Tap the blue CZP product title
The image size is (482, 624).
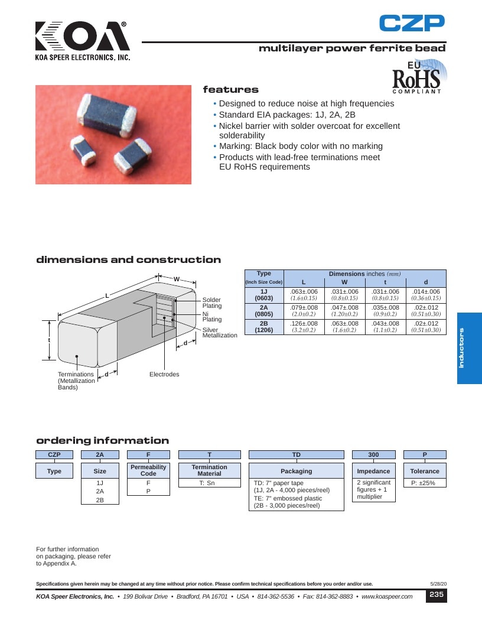[x=412, y=23]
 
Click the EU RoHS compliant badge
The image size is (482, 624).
[x=418, y=77]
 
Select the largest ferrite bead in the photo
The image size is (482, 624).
[x=107, y=115]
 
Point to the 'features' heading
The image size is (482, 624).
[x=230, y=90]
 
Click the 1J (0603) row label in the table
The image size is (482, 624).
[x=264, y=295]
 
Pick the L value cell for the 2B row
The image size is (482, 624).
[x=304, y=327]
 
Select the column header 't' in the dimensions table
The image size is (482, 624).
[x=385, y=282]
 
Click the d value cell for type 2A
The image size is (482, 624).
[x=426, y=311]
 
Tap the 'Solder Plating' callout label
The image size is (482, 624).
[x=211, y=303]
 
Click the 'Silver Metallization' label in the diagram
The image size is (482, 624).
[x=220, y=332]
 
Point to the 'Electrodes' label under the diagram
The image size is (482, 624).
[x=164, y=374]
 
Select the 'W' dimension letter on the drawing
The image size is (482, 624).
[x=177, y=279]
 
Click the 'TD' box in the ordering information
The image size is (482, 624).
[x=297, y=454]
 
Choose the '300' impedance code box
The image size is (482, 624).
[x=373, y=454]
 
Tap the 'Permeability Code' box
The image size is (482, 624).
[x=148, y=470]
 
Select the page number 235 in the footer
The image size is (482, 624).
[x=437, y=594]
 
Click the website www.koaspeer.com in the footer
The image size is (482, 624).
[x=387, y=597]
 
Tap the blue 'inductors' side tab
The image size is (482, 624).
[x=469, y=348]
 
